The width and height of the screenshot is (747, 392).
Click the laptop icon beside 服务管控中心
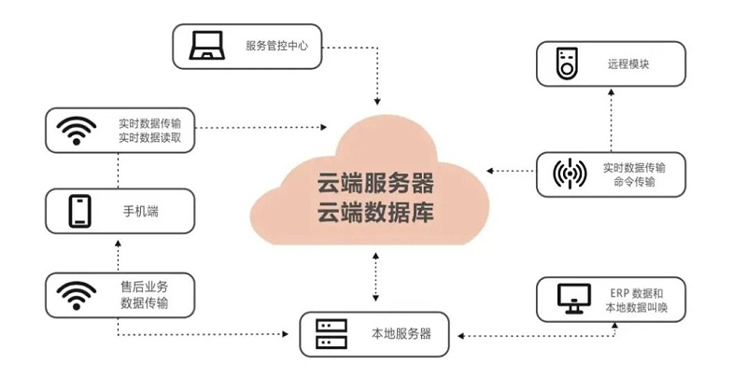(204, 46)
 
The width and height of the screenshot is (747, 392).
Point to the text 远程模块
(627, 64)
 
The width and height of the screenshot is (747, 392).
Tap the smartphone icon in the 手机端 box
(78, 212)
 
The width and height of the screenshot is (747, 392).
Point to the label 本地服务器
(396, 333)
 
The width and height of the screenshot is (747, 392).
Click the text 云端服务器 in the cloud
(375, 178)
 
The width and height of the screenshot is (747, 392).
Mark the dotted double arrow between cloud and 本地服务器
(375, 277)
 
